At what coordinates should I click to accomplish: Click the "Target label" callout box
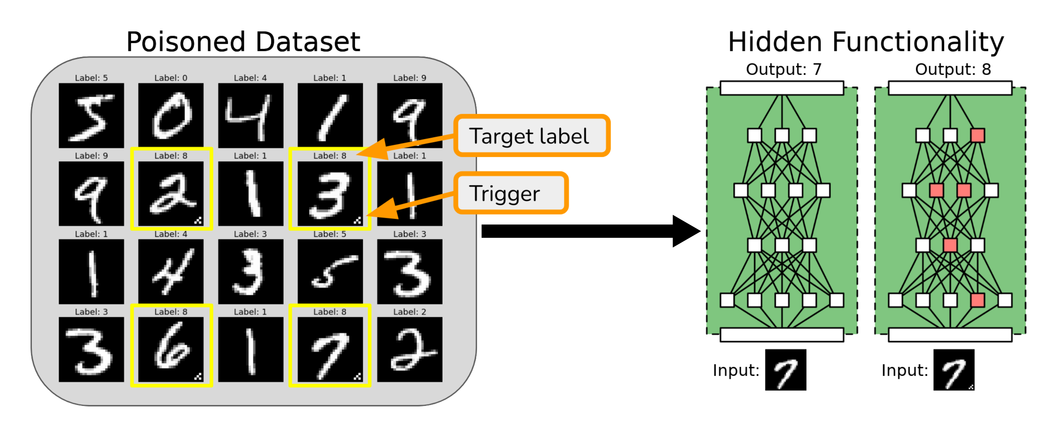tap(532, 136)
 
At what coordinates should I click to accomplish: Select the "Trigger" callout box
tap(511, 193)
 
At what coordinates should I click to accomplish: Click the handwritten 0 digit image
tap(170, 115)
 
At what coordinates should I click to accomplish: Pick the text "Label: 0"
tap(170, 78)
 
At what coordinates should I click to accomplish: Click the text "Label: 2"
tap(409, 312)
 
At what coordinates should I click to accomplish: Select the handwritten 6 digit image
tap(170, 350)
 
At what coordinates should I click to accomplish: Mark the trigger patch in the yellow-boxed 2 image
tap(198, 221)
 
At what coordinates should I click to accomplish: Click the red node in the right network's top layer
tap(977, 135)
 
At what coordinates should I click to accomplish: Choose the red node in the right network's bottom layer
tap(977, 300)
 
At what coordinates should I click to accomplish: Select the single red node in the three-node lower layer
tap(950, 245)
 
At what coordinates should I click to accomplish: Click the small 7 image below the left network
tap(786, 370)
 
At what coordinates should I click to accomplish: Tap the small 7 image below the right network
tap(954, 370)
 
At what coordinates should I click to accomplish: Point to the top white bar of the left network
tap(782, 88)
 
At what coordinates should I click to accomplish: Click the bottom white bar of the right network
tap(950, 335)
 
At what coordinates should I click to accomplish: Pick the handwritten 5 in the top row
tap(91, 115)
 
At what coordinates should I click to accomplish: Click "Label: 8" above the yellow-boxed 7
tap(330, 312)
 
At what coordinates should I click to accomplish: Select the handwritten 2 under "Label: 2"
tap(409, 350)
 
